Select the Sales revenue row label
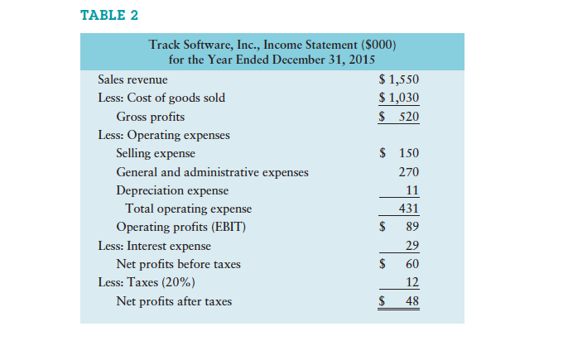point(132,79)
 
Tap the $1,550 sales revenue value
point(398,79)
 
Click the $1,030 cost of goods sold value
point(398,98)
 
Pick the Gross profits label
point(150,117)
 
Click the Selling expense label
point(156,153)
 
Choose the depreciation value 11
point(412,190)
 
